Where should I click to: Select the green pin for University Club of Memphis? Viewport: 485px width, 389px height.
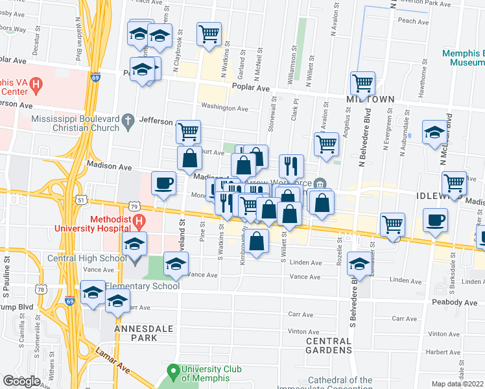tap(172, 372)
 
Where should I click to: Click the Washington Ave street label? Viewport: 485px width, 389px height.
tap(224, 108)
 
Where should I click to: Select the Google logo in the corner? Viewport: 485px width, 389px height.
tap(21, 381)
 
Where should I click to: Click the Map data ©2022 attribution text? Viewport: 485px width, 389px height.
tap(457, 384)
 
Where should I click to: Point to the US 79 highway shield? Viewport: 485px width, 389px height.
tap(133, 206)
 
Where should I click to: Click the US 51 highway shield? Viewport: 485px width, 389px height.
tap(80, 200)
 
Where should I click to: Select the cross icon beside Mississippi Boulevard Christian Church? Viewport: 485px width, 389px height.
tap(128, 120)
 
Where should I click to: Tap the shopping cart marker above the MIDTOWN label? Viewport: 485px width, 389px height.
tap(362, 84)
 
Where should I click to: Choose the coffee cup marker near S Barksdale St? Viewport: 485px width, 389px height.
tap(435, 220)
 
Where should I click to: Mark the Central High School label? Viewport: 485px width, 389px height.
tap(88, 259)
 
